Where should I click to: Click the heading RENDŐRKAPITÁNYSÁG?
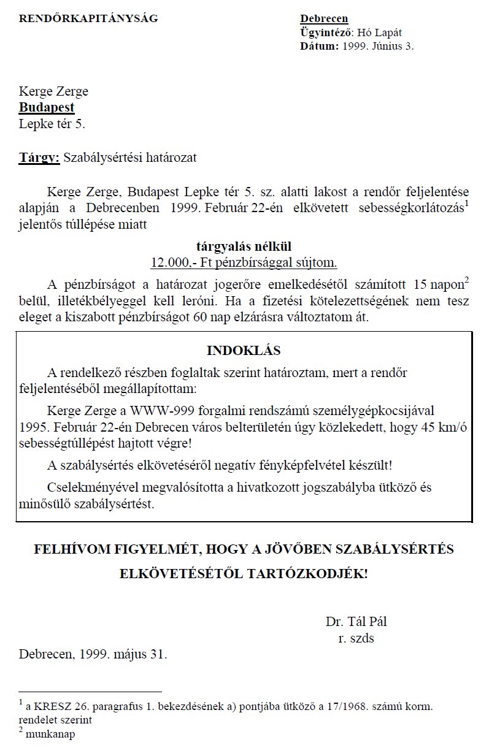point(88,18)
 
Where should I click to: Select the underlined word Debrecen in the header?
point(324,19)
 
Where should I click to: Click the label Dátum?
point(319,46)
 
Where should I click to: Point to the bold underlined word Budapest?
point(47,107)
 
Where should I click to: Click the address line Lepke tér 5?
point(52,124)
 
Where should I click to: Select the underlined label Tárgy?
point(39,158)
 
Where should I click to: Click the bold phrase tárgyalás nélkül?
point(244,246)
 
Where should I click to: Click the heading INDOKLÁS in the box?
point(244,351)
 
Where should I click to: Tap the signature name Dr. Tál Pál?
point(356,622)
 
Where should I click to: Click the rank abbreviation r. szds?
point(356,638)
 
